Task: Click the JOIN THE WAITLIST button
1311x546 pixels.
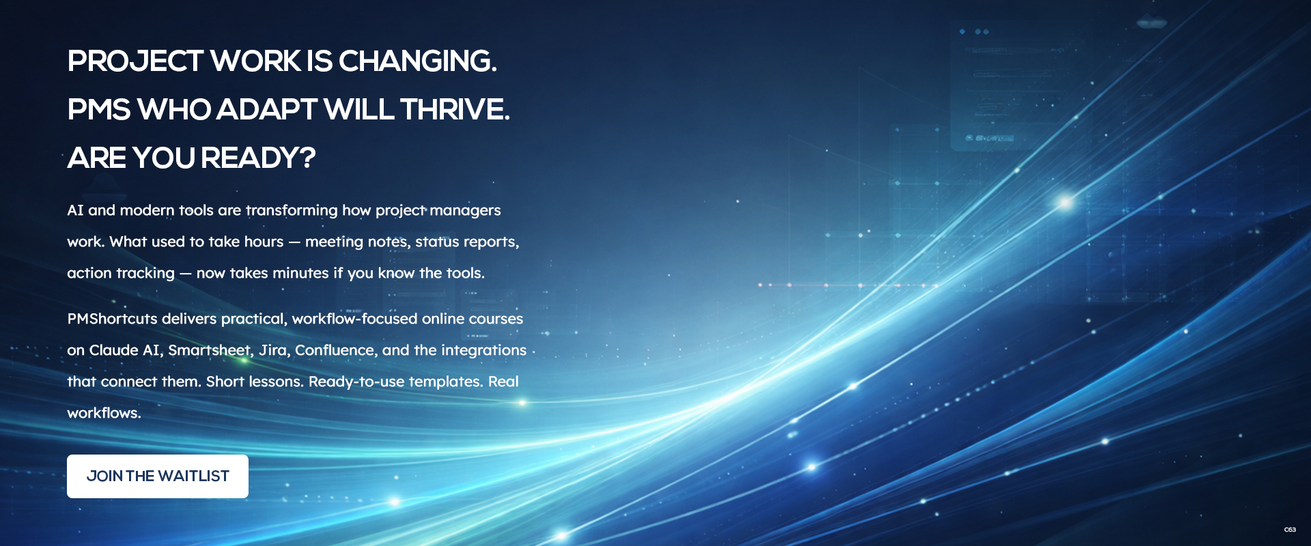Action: pyautogui.click(x=158, y=476)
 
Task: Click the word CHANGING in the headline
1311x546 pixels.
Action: pyautogui.click(x=417, y=61)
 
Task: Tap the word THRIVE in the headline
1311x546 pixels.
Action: pyautogui.click(x=455, y=110)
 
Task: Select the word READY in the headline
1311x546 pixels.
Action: pyautogui.click(x=258, y=158)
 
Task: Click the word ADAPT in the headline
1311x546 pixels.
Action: pyautogui.click(x=267, y=110)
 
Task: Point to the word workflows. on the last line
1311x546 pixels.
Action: pyautogui.click(x=104, y=413)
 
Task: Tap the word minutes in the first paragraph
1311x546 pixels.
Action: pyautogui.click(x=300, y=273)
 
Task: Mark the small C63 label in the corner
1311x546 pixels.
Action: pyautogui.click(x=1290, y=530)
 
